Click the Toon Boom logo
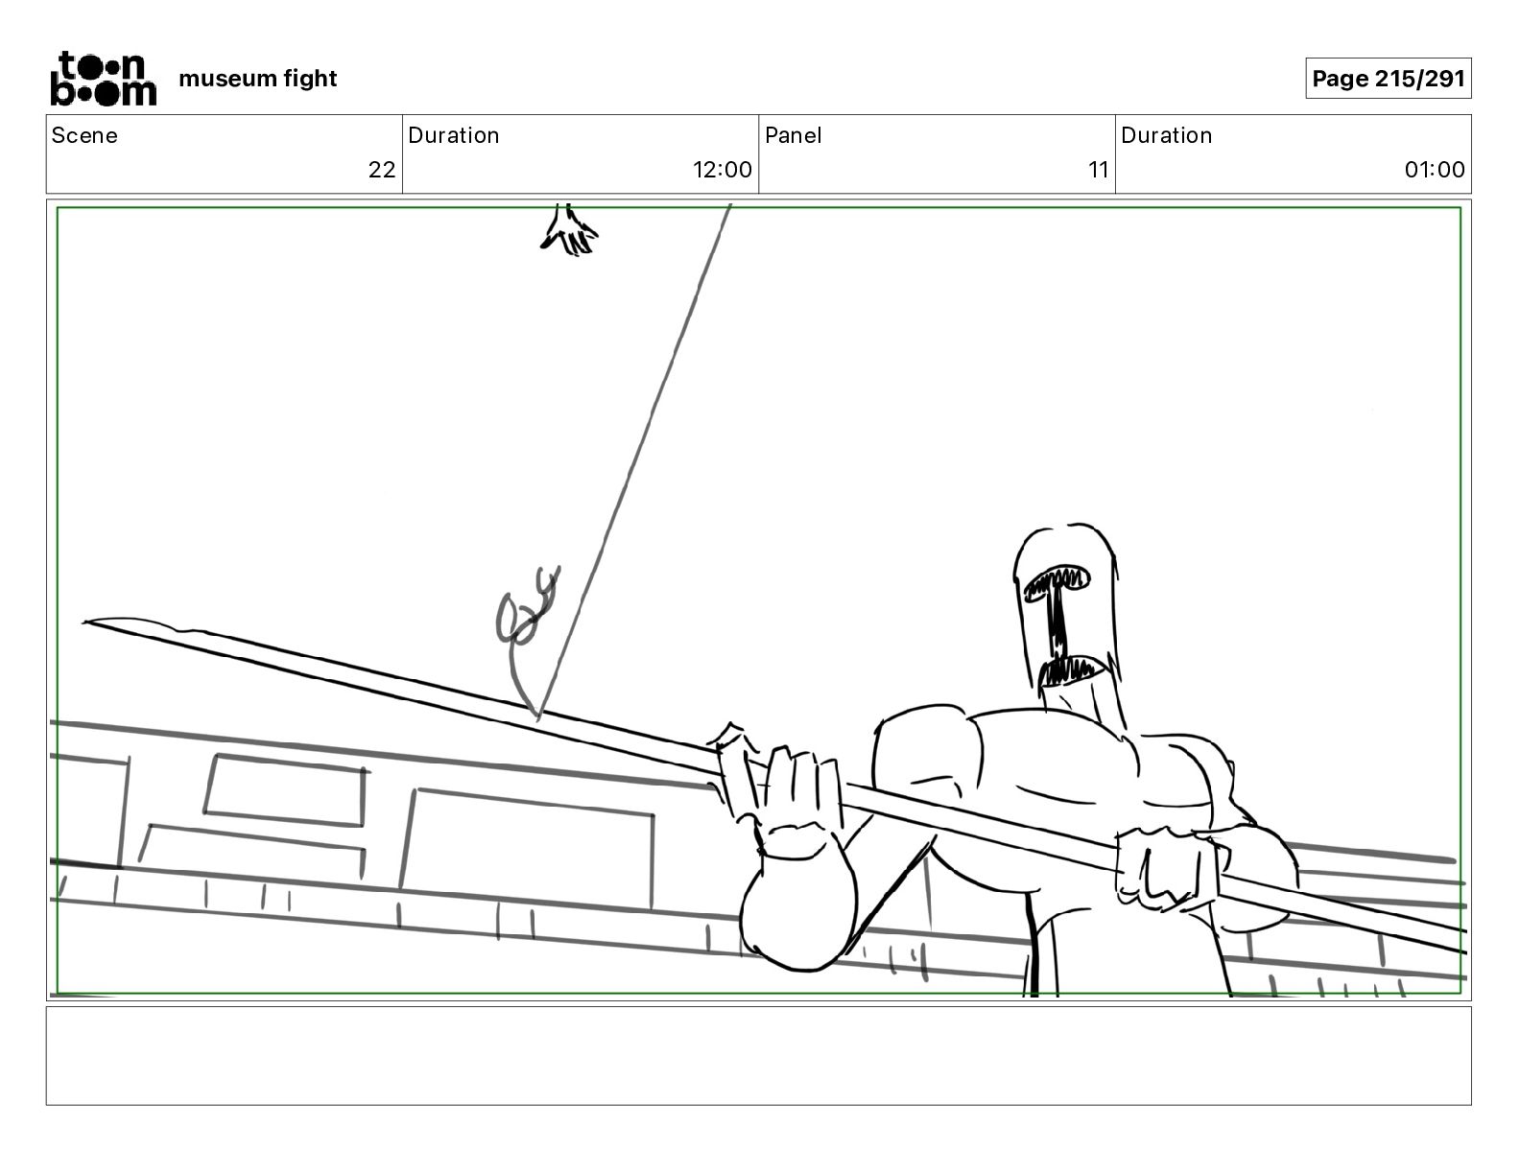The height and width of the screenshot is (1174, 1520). coord(104,78)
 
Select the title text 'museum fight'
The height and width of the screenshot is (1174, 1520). coord(257,79)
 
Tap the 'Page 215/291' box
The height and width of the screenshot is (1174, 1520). coord(1388,79)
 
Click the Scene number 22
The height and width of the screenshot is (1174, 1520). coord(382,169)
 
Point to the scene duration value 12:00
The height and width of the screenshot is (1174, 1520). coord(722,169)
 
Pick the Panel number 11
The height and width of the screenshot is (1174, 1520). coord(1098,169)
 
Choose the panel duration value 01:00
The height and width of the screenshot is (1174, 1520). coord(1434,169)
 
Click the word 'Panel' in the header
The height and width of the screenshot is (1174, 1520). coord(794,135)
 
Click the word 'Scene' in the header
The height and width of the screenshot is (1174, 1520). coord(83,135)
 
